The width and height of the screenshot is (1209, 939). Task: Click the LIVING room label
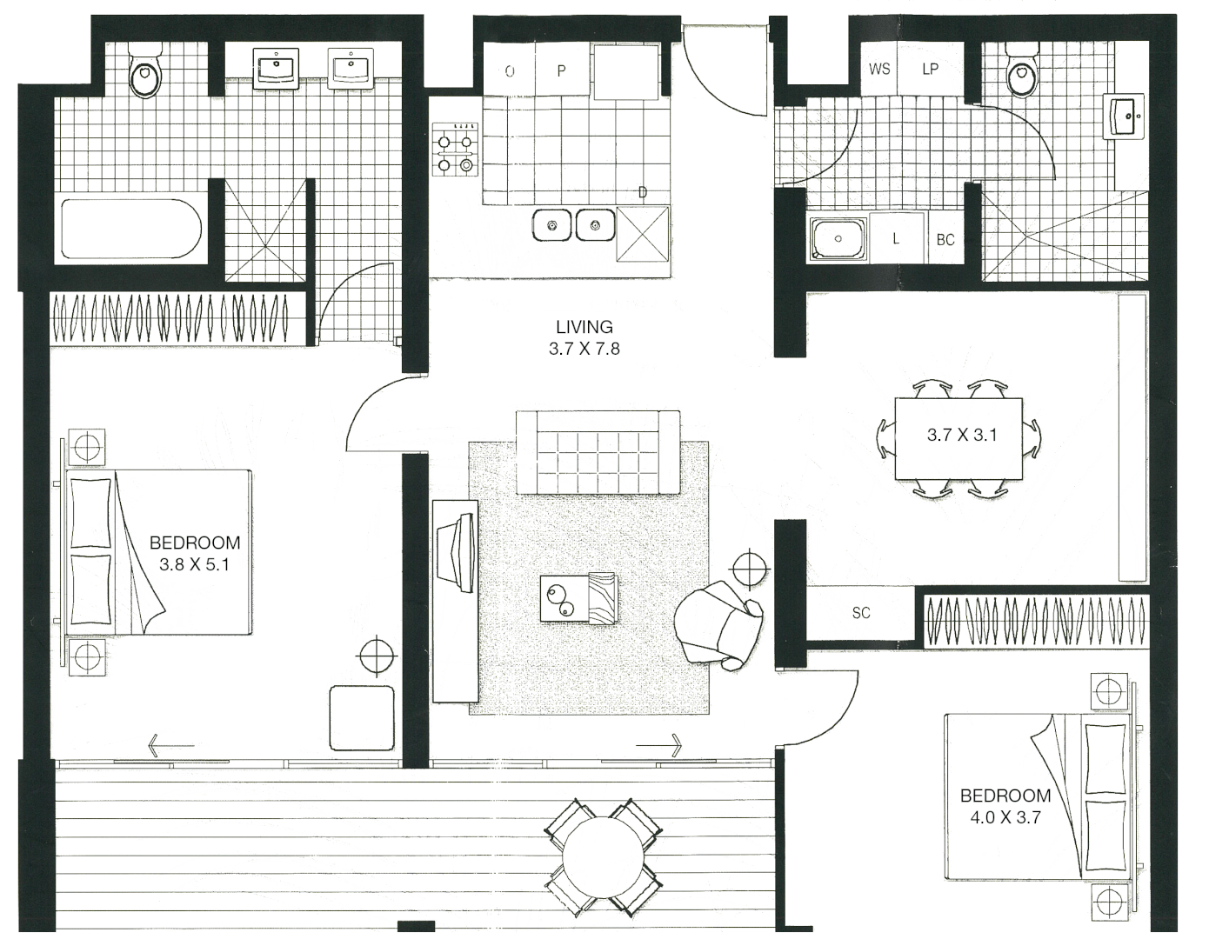584,327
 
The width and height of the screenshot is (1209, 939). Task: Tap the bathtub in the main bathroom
130,229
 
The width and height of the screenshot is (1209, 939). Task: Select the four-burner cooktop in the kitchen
457,152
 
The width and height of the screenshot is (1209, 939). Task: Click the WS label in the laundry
879,69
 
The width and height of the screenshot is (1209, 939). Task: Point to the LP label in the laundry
930,69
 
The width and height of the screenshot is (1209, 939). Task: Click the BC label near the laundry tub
945,239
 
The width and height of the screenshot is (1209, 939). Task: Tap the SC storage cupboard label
860,613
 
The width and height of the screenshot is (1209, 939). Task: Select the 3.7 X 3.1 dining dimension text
961,435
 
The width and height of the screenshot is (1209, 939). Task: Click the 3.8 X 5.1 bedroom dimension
194,564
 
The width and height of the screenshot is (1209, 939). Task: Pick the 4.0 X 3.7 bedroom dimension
1005,817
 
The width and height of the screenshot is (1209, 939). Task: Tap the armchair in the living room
718,624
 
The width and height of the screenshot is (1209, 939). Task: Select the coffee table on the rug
578,598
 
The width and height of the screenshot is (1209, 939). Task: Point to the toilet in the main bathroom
145,76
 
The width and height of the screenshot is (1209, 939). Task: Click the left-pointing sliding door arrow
170,745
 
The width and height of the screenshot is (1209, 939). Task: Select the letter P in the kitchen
561,70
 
